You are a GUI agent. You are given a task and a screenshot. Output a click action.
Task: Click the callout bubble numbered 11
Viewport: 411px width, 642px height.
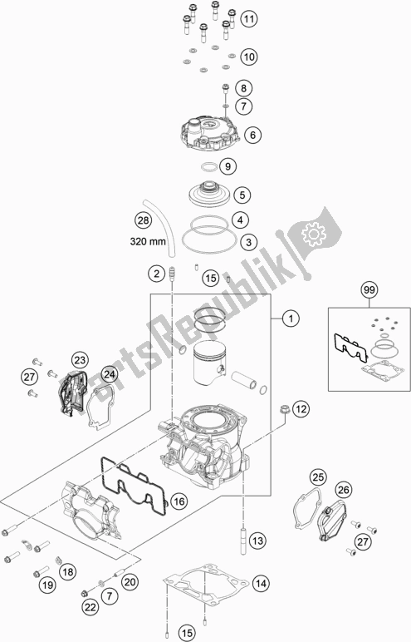[x=249, y=19]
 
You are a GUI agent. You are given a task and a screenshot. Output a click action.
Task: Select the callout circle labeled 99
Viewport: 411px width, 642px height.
[x=369, y=290]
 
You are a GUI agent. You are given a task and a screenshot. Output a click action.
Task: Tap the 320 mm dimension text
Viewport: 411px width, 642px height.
[x=148, y=241]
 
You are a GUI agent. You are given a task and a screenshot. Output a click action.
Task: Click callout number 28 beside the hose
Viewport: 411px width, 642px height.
[x=143, y=221]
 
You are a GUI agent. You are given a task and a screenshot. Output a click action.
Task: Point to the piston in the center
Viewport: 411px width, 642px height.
[x=210, y=363]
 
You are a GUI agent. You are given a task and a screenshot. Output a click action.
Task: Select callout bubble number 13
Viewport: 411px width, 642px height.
[x=257, y=541]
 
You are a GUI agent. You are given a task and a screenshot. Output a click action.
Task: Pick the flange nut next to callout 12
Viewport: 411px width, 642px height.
[x=284, y=409]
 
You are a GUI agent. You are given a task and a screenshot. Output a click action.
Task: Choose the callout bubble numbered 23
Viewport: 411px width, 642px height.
[x=80, y=360]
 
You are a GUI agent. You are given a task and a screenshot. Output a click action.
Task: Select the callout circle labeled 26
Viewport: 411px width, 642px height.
[x=344, y=489]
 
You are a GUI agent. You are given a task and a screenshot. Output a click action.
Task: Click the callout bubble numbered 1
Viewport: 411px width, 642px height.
[x=291, y=319]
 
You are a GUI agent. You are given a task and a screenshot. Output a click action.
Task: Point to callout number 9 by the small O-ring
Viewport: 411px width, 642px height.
[x=228, y=166]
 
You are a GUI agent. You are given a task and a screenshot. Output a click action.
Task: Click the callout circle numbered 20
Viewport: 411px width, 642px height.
[x=130, y=582]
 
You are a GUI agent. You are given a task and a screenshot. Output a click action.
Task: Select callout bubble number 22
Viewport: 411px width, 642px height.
[x=91, y=609]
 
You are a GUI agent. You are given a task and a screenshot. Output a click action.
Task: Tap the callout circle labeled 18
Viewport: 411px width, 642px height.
[x=68, y=571]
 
